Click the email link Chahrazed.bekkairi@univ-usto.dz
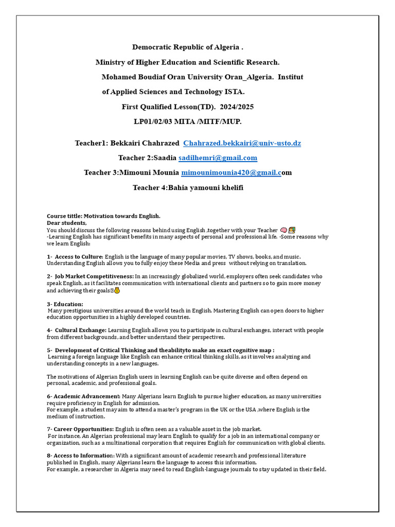pos(242,143)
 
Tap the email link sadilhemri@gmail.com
pos(218,158)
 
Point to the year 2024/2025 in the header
pos(237,107)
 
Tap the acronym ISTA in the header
pos(235,92)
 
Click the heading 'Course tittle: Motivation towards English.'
pos(103,216)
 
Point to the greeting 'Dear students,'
pos(66,223)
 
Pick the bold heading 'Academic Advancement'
pos(87,396)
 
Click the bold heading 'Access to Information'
pos(84,455)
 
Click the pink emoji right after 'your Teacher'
pos(283,230)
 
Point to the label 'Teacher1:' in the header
pos(91,143)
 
